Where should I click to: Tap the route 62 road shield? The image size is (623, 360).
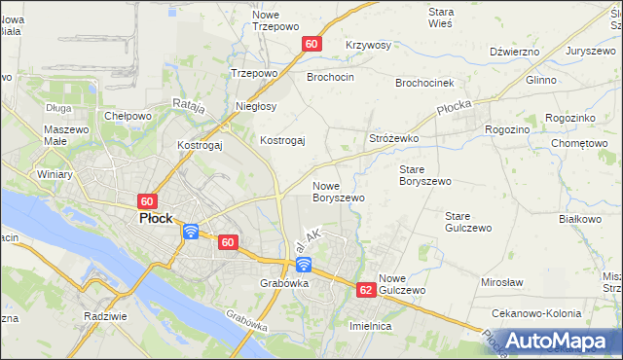point(366,290)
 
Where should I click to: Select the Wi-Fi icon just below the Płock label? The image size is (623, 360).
point(190,232)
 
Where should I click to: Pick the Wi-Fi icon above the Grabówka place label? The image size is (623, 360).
point(304,265)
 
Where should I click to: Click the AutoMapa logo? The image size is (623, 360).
point(557,342)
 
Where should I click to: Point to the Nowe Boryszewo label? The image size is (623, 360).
point(338,191)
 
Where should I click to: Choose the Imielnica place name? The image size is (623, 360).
point(370,327)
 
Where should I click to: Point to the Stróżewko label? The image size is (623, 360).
point(393,139)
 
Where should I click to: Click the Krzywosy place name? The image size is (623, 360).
point(368,46)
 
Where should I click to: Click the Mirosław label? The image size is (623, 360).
point(502,282)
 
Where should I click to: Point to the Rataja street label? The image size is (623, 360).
point(189,107)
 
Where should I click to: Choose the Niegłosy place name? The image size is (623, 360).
point(257,106)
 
